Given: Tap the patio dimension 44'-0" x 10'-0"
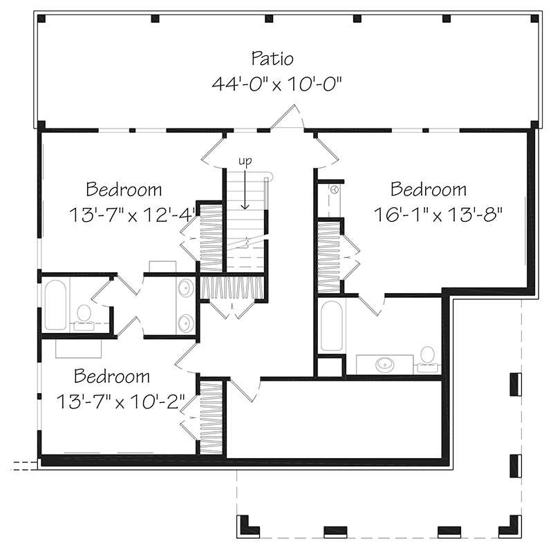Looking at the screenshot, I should coord(277,84).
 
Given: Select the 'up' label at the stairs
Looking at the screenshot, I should coord(245,161).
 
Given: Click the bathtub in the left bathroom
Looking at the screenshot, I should coord(55,304).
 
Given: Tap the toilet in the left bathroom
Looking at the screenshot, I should coord(84,315).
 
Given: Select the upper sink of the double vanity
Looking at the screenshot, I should coord(186,290).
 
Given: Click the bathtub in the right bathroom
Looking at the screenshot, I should coord(332,325).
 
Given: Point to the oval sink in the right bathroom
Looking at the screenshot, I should coord(384,363).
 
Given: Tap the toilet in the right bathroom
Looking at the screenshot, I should coord(427,357).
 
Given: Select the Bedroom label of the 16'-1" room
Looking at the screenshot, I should coord(429,189).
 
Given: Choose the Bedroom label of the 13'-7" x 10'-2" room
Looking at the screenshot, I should coord(112,377).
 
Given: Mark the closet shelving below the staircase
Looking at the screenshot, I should coord(232,287).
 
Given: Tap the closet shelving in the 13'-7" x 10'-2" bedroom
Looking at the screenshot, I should coord(210,418).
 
